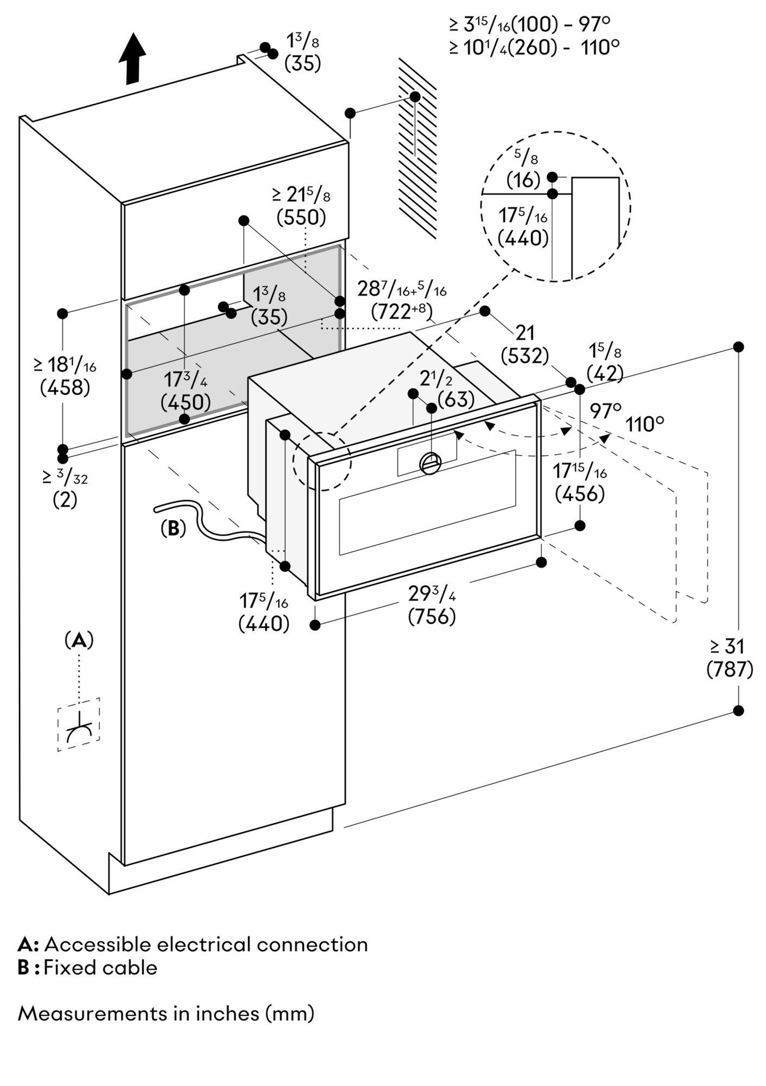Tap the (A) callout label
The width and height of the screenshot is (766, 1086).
(79, 641)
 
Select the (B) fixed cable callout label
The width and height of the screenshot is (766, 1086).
(173, 528)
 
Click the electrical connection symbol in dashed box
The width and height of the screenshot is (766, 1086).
(79, 724)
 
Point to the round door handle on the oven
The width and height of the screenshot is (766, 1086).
(431, 463)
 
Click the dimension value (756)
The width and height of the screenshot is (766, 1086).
(432, 617)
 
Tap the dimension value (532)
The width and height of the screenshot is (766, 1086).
(524, 356)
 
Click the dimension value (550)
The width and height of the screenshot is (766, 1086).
(301, 217)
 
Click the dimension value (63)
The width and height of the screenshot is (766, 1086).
(455, 400)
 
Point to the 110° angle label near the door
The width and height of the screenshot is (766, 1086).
(644, 424)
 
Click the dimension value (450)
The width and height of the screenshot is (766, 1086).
(186, 402)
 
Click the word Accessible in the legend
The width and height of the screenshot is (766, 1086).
(98, 944)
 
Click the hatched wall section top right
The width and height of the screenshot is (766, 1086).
(417, 147)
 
